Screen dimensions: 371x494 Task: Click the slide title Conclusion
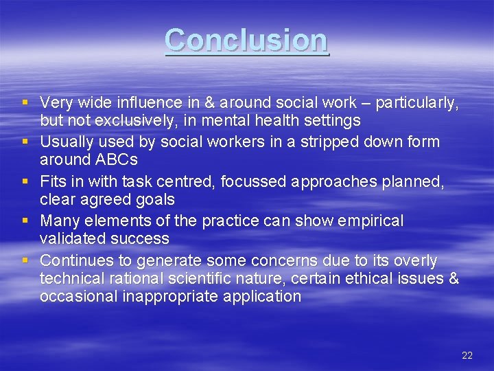tap(247, 41)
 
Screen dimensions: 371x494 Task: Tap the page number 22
tap(467, 355)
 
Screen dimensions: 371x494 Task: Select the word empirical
tap(371, 221)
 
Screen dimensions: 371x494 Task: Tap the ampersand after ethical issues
tap(452, 278)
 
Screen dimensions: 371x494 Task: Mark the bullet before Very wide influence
tap(25, 103)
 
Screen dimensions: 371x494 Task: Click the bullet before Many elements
tap(25, 221)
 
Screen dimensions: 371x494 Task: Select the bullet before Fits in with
tap(25, 181)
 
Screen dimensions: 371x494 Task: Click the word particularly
tap(418, 103)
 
